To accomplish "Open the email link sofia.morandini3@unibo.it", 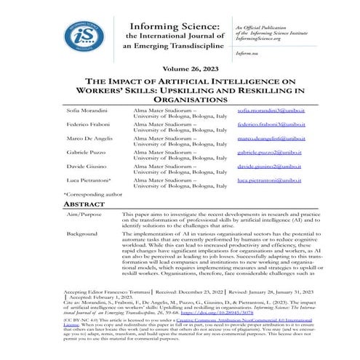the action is [271, 108].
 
